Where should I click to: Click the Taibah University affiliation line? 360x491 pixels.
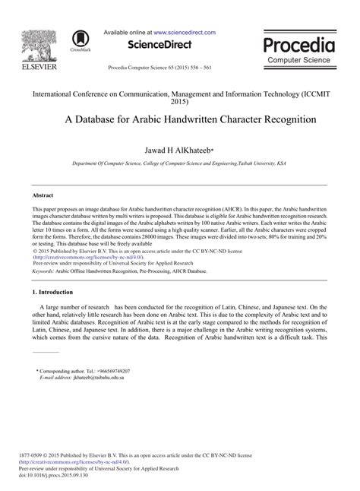pos(180,163)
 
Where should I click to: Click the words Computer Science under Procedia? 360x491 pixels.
pos(298,59)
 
